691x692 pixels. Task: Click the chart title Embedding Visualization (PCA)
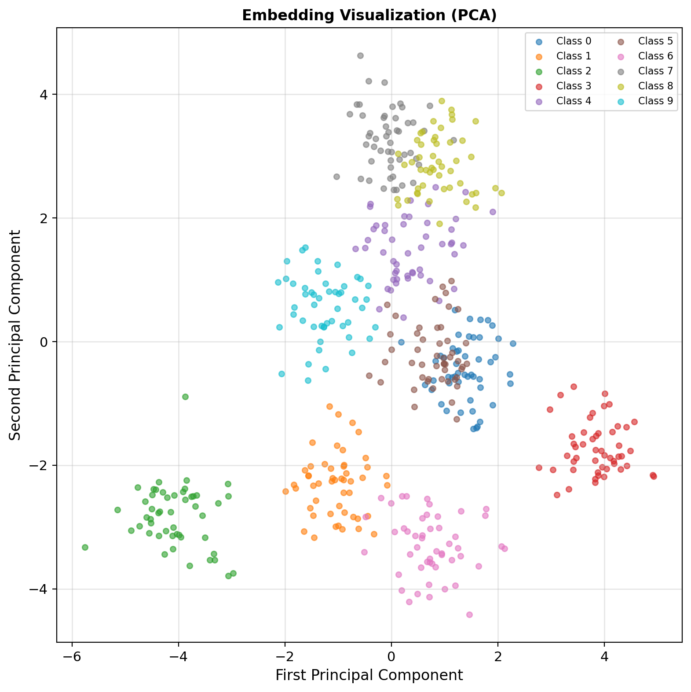pyautogui.click(x=369, y=15)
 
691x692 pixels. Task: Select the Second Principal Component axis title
pyautogui.click(x=15, y=335)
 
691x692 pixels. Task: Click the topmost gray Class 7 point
pyautogui.click(x=360, y=55)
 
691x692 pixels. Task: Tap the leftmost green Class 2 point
pyautogui.click(x=85, y=547)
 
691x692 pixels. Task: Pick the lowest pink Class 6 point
pyautogui.click(x=469, y=615)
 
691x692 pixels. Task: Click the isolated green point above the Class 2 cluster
pyautogui.click(x=185, y=397)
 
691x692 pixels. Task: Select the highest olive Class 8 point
pyautogui.click(x=442, y=101)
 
